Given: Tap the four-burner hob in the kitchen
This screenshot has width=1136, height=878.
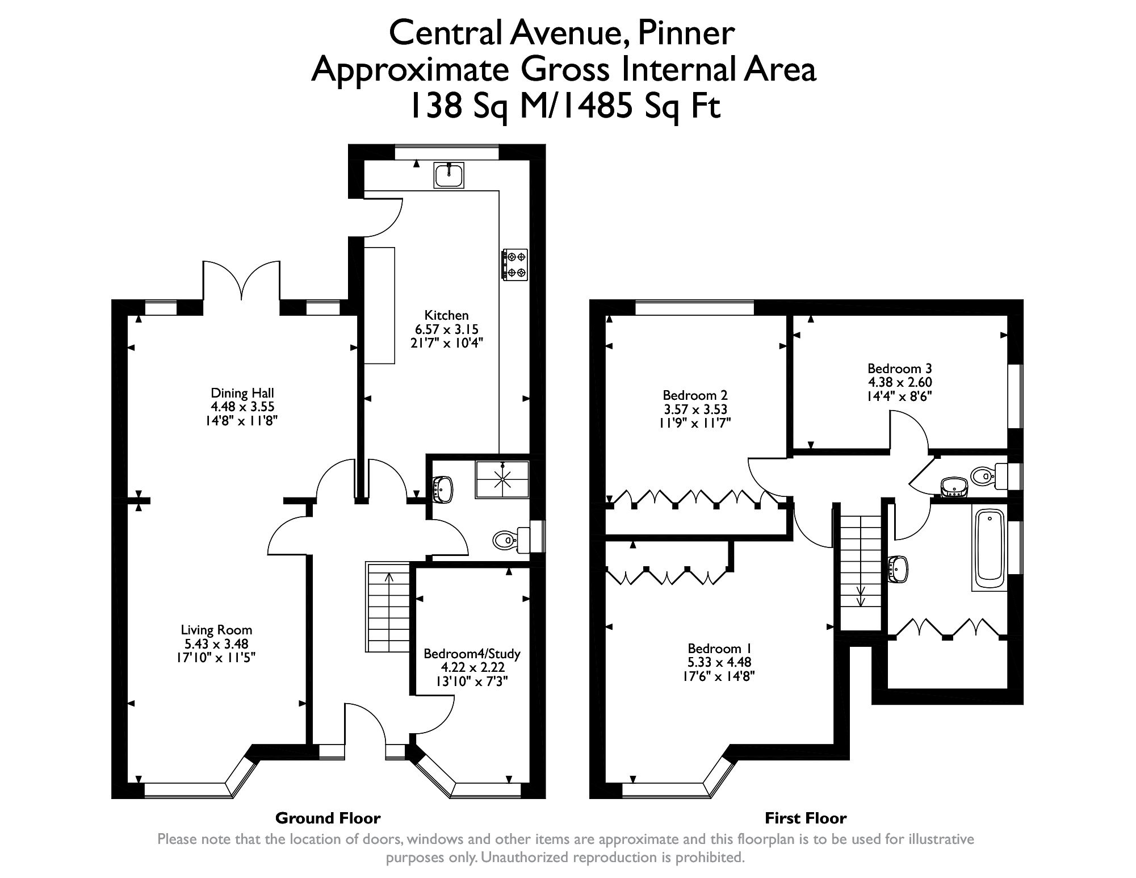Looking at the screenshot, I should click(x=515, y=265).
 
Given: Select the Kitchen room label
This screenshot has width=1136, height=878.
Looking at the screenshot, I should click(x=447, y=315).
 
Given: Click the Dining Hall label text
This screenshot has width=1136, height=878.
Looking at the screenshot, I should click(x=242, y=393).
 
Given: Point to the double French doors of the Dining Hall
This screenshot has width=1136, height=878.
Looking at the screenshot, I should click(x=242, y=281).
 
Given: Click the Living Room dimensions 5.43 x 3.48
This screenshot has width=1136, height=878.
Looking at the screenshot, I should click(x=216, y=644).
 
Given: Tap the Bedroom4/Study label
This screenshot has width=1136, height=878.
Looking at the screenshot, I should click(x=472, y=654).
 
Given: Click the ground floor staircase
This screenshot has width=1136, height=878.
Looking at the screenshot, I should click(x=388, y=608).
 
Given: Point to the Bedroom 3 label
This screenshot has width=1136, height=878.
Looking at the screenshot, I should click(x=899, y=369).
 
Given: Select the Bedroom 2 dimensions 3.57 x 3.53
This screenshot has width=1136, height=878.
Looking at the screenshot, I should click(x=695, y=409).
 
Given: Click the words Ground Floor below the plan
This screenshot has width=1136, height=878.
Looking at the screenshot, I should click(x=328, y=818).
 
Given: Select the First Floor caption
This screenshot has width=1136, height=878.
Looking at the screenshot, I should click(x=805, y=818).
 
